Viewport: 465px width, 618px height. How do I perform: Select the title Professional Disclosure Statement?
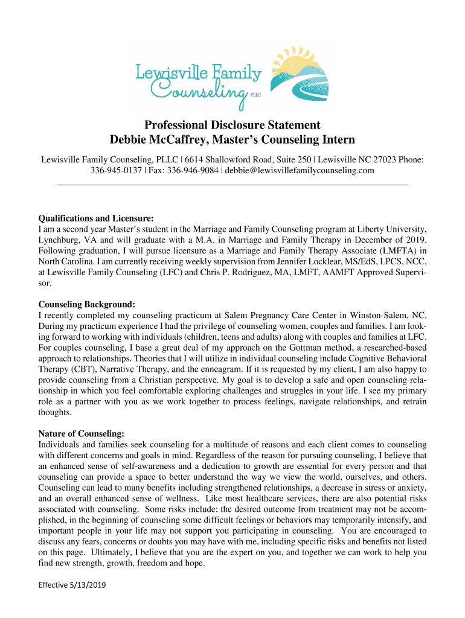(232, 126)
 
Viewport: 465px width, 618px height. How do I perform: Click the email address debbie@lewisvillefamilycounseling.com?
(300, 171)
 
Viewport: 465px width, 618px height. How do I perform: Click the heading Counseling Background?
(86, 304)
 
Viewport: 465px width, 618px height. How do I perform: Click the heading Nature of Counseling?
(82, 433)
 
